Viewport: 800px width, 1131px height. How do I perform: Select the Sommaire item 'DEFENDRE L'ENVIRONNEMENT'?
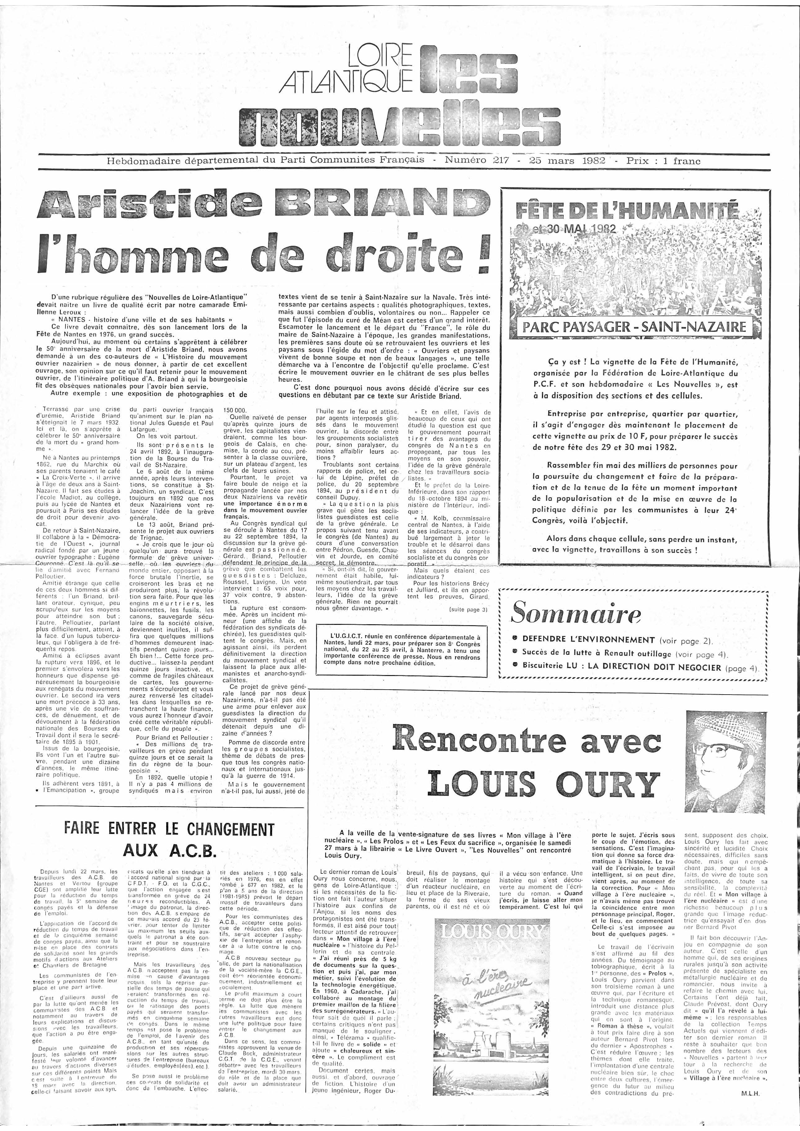(x=588, y=639)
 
